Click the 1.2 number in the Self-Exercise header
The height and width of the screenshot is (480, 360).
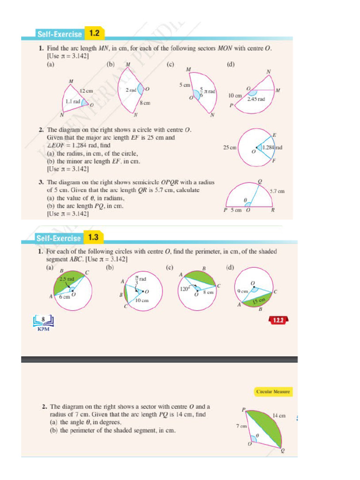pyautogui.click(x=95, y=33)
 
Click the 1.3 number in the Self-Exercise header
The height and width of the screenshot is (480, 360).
pyautogui.click(x=93, y=237)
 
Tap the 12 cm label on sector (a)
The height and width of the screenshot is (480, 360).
pyautogui.click(x=86, y=90)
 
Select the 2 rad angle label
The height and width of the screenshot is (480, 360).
pyautogui.click(x=130, y=89)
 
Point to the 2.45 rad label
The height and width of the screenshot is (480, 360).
pyautogui.click(x=256, y=99)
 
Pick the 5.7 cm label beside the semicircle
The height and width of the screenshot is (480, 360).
pyautogui.click(x=277, y=191)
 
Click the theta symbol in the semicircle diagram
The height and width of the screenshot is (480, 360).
pyautogui.click(x=245, y=200)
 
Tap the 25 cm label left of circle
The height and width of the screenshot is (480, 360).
pyautogui.click(x=229, y=147)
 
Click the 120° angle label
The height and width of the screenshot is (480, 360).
pyautogui.click(x=184, y=289)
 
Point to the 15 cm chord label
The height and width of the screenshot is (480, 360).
pyautogui.click(x=259, y=300)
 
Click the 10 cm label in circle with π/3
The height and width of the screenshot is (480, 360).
pyautogui.click(x=142, y=300)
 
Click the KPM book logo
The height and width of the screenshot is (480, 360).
pyautogui.click(x=43, y=323)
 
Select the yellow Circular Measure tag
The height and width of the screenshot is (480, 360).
pyautogui.click(x=273, y=391)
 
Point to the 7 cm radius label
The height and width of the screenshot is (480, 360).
pyautogui.click(x=241, y=427)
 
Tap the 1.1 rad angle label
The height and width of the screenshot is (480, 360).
pyautogui.click(x=73, y=101)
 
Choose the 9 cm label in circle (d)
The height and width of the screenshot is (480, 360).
pyautogui.click(x=242, y=291)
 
